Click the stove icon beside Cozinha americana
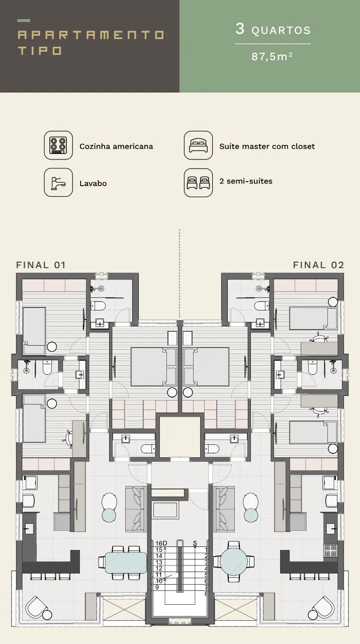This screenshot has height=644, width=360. click(x=58, y=145)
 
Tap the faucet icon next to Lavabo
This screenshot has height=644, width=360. click(x=58, y=183)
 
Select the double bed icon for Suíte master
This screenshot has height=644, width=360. click(x=198, y=145)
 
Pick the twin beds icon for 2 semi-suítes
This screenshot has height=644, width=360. click(x=198, y=183)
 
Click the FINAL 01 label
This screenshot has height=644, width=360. click(x=41, y=265)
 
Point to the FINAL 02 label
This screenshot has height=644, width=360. click(x=318, y=265)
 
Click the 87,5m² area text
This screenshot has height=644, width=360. click(x=272, y=56)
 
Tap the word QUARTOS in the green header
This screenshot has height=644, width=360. click(x=281, y=30)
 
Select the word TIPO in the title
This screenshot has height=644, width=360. click(x=40, y=51)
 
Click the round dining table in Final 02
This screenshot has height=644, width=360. click(x=234, y=561)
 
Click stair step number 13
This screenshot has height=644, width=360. click(x=159, y=562)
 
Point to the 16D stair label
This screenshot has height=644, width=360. click(x=161, y=543)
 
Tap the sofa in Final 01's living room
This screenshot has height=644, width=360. click(x=136, y=509)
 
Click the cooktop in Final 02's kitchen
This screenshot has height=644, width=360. click(x=330, y=550)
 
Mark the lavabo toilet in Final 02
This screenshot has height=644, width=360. click(x=212, y=448)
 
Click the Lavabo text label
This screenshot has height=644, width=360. click(x=93, y=184)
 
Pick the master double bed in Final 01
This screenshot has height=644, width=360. click(x=154, y=367)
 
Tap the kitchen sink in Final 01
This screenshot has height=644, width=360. click(x=29, y=528)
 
